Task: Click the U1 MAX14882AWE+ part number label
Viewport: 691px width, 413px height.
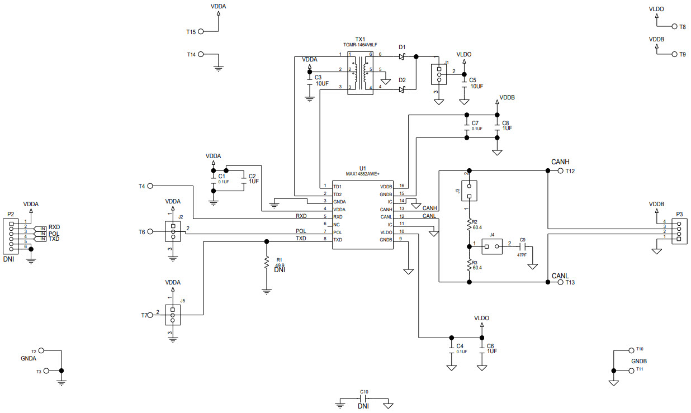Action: point(366,174)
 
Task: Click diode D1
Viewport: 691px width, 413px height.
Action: point(402,56)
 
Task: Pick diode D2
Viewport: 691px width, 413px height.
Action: point(402,89)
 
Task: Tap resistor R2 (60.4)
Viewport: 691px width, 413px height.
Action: point(469,225)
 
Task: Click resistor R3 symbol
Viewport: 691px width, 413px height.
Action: point(469,266)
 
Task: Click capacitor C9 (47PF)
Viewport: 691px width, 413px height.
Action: point(524,245)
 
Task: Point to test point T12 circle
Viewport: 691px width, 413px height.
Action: point(561,171)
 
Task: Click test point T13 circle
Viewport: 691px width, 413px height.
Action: point(561,282)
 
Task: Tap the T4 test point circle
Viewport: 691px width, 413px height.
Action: point(150,186)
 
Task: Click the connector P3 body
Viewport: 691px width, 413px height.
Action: point(680,230)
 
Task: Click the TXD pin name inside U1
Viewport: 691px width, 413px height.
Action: point(337,239)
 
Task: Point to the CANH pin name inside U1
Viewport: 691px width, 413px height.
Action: point(386,209)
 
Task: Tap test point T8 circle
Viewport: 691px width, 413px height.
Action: point(675,26)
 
